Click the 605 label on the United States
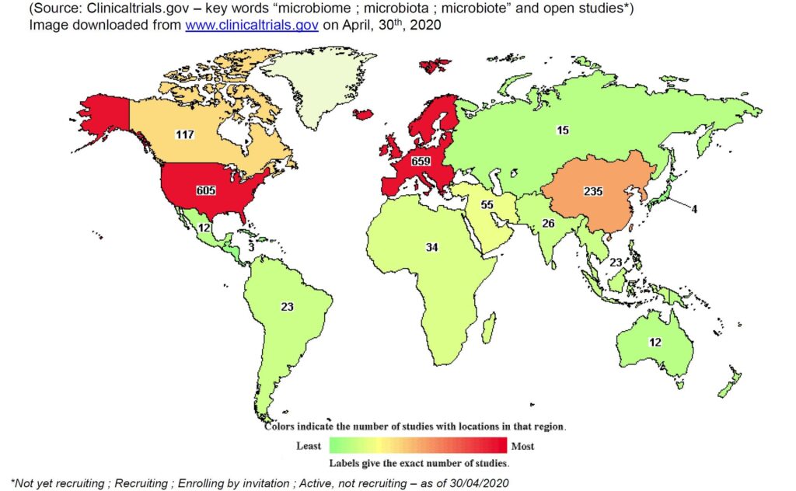206,190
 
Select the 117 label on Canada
184,134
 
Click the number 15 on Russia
562,130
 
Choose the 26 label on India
548,225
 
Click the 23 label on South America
287,306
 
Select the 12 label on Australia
655,343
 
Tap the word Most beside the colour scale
522,446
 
